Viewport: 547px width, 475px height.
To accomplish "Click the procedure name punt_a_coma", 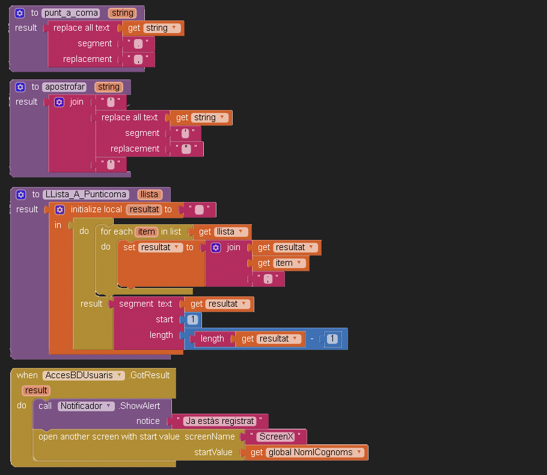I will click(70, 13).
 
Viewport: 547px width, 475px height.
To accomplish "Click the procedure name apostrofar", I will click(65, 87).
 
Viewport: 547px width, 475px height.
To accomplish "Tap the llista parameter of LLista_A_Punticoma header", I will click(148, 194).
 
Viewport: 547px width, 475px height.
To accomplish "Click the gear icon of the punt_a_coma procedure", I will click(19, 13).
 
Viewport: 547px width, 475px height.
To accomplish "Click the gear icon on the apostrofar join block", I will click(59, 102).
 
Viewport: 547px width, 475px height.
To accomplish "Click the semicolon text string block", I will click(268, 278).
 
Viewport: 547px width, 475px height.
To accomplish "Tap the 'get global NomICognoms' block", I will click(306, 452).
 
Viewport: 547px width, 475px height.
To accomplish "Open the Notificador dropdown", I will click(86, 406).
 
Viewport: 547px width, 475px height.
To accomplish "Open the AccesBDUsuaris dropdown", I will click(84, 375).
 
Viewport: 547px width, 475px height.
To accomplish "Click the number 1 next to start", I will click(192, 319).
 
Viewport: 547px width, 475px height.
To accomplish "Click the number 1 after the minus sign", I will click(332, 339).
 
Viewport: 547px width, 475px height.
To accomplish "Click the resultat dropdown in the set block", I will click(160, 247).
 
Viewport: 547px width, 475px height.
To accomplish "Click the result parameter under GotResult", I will click(36, 390).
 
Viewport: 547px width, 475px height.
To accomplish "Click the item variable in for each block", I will click(146, 231).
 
